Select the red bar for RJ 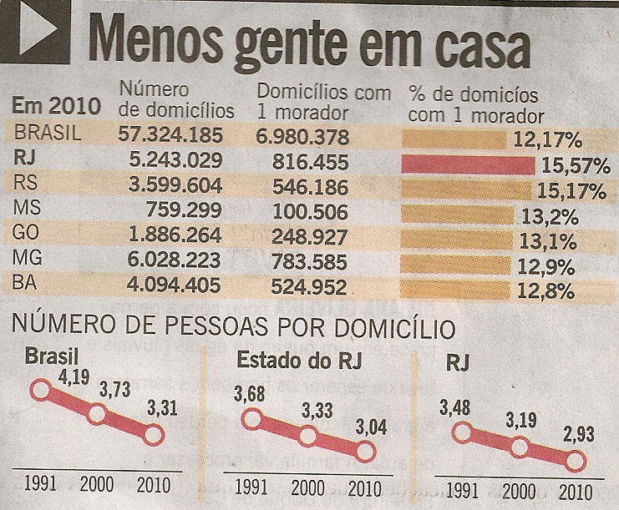point(467,164)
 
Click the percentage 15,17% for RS point(573,193)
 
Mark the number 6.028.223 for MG point(171,260)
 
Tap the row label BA point(26,285)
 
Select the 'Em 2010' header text point(57,107)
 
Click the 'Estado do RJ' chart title point(289,360)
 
